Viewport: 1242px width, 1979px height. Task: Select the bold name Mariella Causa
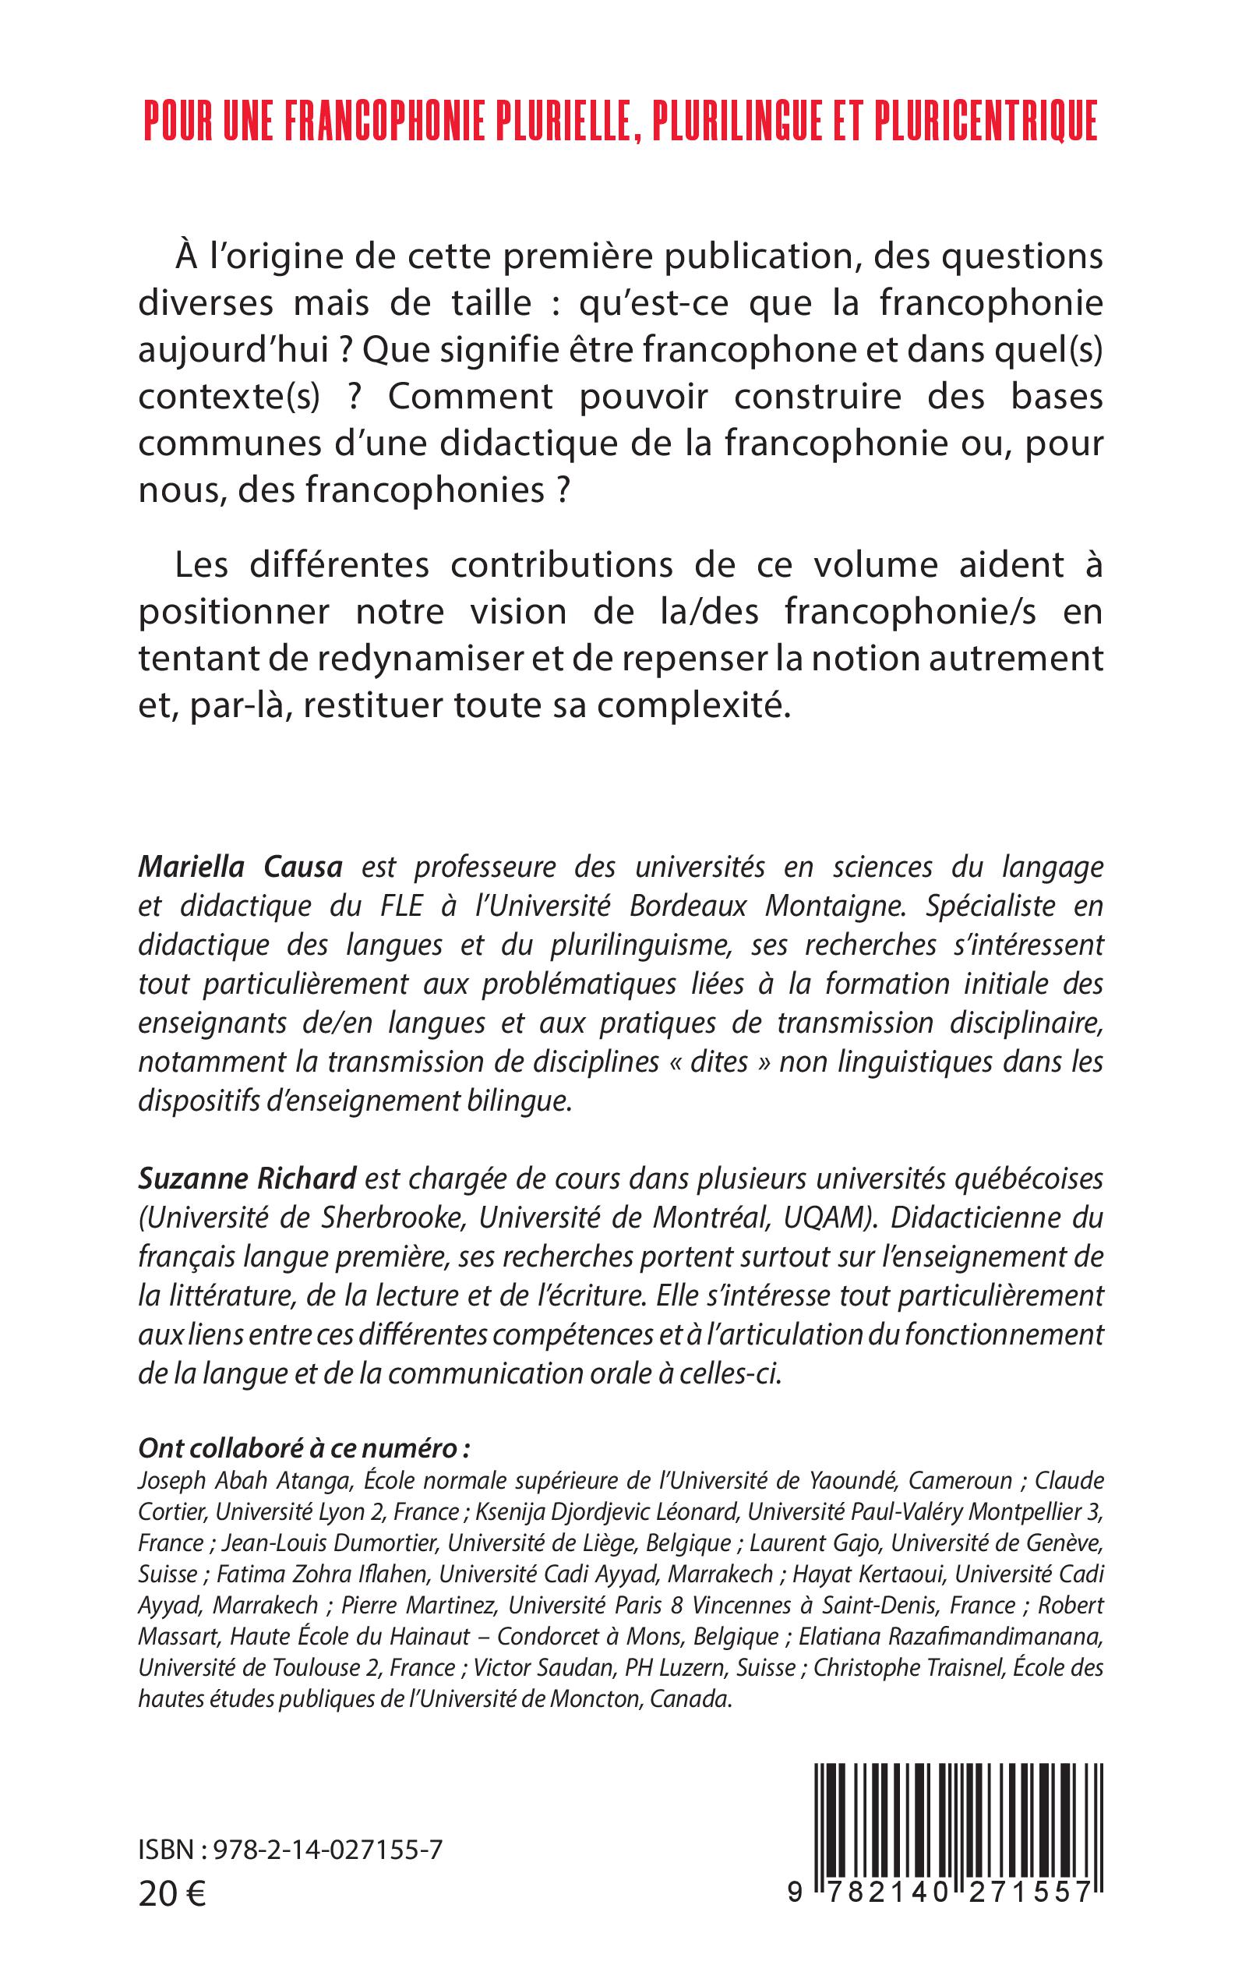point(240,867)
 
